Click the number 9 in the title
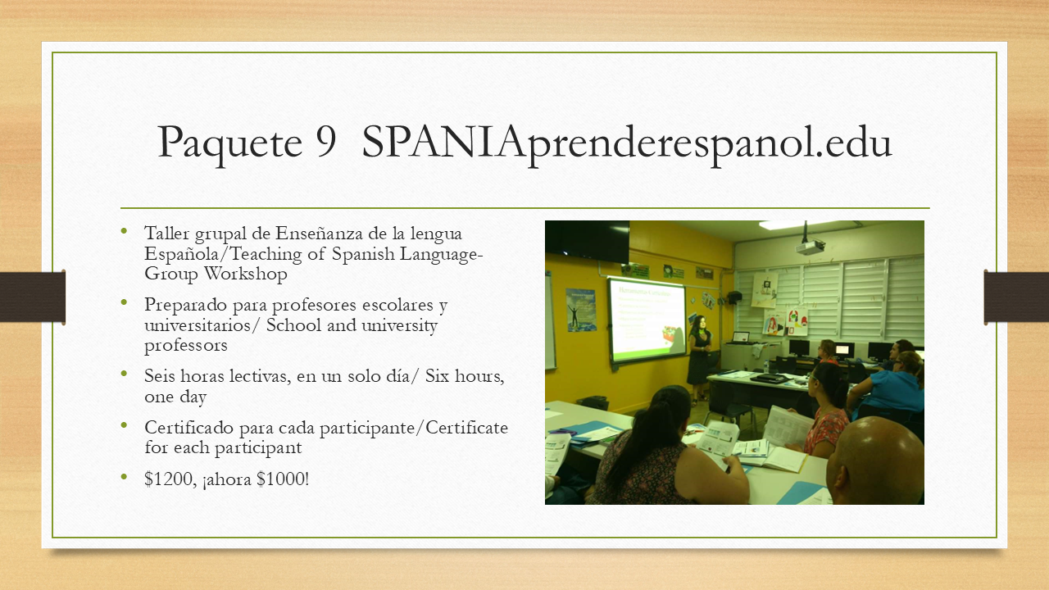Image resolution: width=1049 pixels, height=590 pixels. point(326,142)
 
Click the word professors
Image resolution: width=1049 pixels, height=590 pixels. point(186,347)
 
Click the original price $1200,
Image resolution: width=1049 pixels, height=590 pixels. point(170,479)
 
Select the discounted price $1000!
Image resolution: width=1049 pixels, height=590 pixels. point(283,479)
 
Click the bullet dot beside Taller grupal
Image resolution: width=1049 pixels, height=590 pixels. point(124,230)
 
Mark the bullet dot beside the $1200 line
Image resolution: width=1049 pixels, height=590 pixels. point(124,476)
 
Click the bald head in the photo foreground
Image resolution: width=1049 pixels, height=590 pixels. point(874,461)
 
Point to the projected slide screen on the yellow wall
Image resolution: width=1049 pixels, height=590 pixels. point(647,320)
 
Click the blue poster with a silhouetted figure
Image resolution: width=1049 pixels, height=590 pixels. point(581,310)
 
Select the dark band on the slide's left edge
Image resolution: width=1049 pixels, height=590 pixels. point(32,297)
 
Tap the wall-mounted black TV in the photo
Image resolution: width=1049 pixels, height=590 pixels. point(588,241)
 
